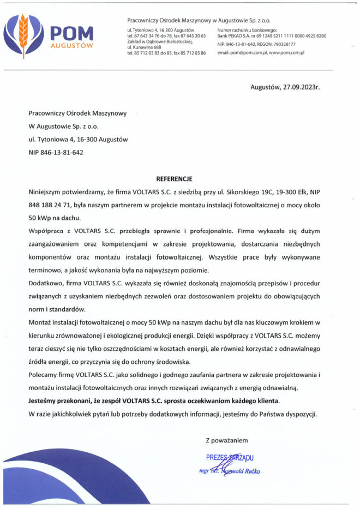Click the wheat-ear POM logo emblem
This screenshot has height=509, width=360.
point(24,35)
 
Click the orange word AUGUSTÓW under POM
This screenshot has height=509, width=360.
point(71,46)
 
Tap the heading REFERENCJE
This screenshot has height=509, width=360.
point(175,178)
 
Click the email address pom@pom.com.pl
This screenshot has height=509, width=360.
point(242,52)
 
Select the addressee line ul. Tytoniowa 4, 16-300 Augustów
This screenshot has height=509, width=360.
point(78,140)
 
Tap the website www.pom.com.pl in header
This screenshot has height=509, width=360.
point(286,52)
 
